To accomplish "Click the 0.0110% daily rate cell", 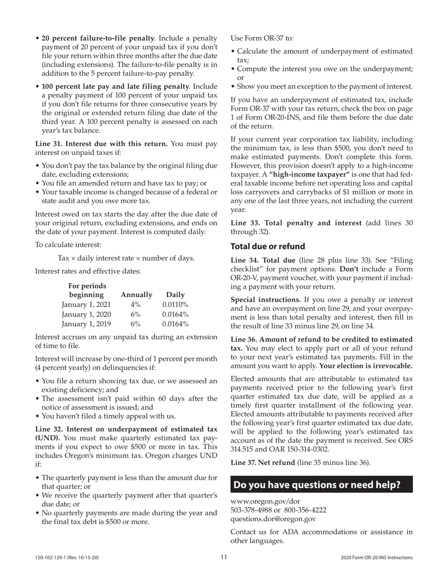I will tap(175, 305).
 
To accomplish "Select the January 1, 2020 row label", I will tap(86, 314).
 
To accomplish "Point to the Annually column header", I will tap(136, 295).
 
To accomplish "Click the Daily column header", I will tap(175, 295).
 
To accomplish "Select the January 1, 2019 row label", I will tap(86, 324).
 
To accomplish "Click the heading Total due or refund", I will tap(267, 246).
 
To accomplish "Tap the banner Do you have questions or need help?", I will tap(321, 485).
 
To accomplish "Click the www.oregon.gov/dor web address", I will tap(265, 501).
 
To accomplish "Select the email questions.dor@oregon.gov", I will tap(273, 519).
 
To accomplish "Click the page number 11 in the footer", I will tap(224, 557).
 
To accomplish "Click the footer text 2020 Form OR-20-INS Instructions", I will tap(376, 558).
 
